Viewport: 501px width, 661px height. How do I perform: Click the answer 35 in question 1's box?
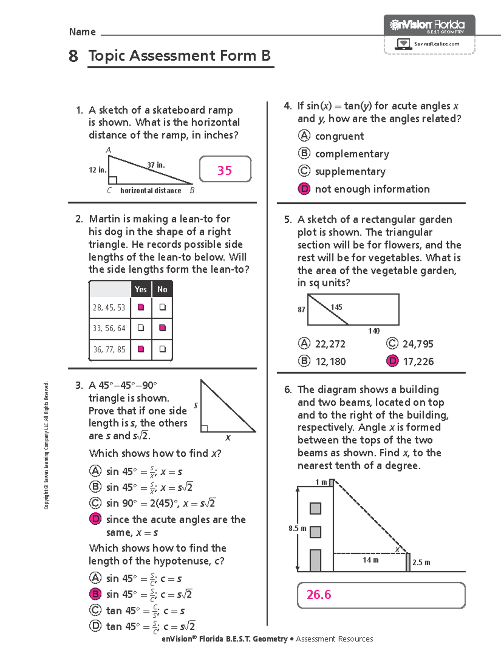point(225,170)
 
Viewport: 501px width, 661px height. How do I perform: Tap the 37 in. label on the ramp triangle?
point(156,165)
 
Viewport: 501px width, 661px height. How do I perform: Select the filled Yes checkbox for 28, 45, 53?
point(141,307)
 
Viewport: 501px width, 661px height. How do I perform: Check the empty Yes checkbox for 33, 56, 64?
point(141,328)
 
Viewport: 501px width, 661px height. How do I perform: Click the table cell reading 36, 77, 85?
point(109,349)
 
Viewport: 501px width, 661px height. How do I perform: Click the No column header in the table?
point(162,289)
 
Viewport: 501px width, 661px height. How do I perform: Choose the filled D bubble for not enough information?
point(304,189)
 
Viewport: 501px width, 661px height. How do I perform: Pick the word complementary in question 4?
point(352,154)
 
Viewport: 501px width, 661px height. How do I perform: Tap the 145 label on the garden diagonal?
point(336,307)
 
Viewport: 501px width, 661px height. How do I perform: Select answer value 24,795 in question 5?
point(418,344)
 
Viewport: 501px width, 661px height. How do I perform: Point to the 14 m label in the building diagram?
point(370,560)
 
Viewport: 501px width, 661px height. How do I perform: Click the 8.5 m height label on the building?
point(297,528)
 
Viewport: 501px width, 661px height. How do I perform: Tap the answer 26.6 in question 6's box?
point(319,595)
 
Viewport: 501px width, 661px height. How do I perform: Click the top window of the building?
point(315,508)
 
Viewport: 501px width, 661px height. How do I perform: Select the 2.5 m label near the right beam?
point(421,562)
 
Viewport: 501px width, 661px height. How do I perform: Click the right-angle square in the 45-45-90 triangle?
point(204,428)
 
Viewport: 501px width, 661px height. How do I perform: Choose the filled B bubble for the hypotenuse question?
point(96,594)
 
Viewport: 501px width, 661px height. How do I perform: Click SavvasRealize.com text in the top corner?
point(436,44)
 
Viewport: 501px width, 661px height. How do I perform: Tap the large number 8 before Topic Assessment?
point(73,56)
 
